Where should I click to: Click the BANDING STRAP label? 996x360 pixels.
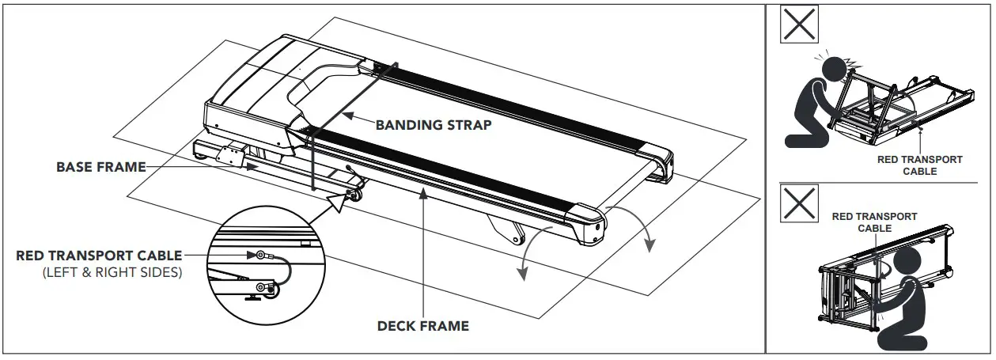(x=433, y=124)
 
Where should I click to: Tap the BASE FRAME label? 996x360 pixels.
(x=100, y=167)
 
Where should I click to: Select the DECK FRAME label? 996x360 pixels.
(x=422, y=325)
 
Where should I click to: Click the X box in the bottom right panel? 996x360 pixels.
(x=800, y=204)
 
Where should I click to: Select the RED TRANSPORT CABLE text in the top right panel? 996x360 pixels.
(x=920, y=165)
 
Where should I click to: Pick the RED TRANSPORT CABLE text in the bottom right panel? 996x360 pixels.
(x=874, y=222)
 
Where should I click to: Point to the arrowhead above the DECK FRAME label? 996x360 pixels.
(x=425, y=192)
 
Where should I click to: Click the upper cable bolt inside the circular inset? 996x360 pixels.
(x=260, y=255)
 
